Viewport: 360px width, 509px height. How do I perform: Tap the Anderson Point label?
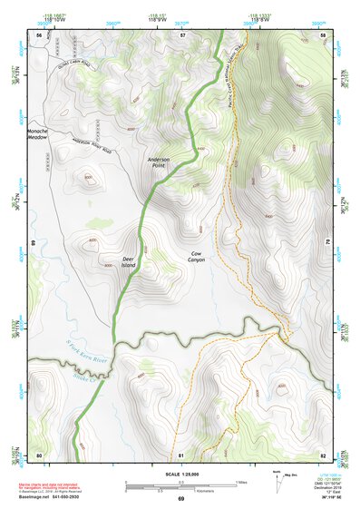(160, 162)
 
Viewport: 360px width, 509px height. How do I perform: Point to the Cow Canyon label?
(197, 257)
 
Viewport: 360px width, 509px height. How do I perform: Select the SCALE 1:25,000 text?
(180, 473)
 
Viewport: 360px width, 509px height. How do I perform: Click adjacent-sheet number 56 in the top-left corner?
(39, 34)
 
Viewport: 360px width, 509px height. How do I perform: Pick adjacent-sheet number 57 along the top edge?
(181, 34)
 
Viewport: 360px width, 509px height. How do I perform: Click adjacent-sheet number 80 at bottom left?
(39, 454)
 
